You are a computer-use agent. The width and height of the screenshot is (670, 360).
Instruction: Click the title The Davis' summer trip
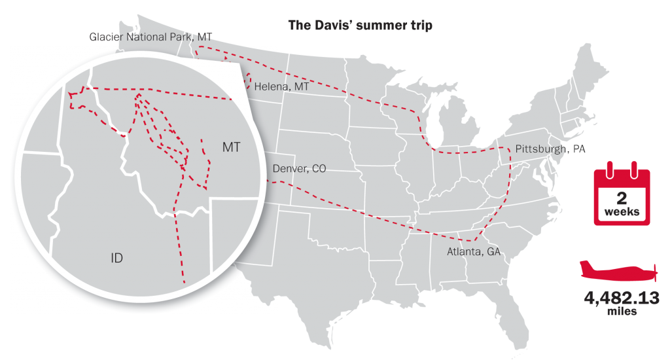click(x=361, y=26)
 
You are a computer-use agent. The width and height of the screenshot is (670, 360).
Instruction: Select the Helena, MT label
click(x=281, y=86)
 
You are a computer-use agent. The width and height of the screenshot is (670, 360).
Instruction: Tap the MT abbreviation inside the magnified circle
click(x=232, y=147)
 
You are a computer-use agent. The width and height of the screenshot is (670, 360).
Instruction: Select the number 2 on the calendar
click(x=622, y=198)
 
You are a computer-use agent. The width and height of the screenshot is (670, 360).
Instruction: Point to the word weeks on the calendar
click(x=622, y=213)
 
